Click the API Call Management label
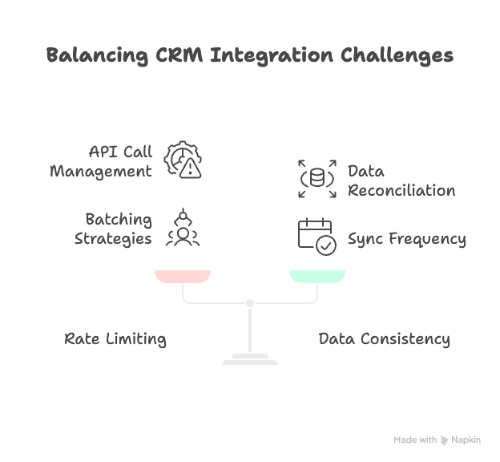click(x=101, y=161)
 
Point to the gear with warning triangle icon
click(x=183, y=159)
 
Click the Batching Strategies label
click(x=113, y=229)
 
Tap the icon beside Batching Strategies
click(x=183, y=227)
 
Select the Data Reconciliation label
click(x=401, y=180)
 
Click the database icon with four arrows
click(x=317, y=179)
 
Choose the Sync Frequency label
click(x=406, y=238)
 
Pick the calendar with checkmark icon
click(x=317, y=237)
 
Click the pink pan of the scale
click(x=183, y=277)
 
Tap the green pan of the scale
click(x=317, y=277)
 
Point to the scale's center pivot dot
click(x=250, y=303)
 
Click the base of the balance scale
click(x=250, y=360)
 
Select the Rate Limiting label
click(x=115, y=339)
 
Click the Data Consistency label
click(x=385, y=339)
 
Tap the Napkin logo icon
click(x=445, y=440)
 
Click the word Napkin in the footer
click(x=466, y=440)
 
